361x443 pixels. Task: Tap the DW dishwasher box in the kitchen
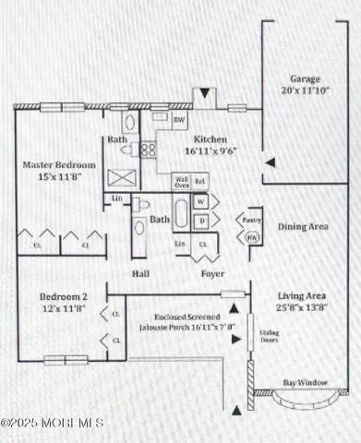[179, 121]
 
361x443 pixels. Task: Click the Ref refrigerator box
[200, 181]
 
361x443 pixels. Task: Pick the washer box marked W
[201, 201]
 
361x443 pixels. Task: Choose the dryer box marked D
[201, 220]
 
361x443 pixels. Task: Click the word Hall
[141, 274]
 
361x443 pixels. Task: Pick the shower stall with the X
[121, 178]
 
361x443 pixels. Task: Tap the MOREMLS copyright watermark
[53, 423]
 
